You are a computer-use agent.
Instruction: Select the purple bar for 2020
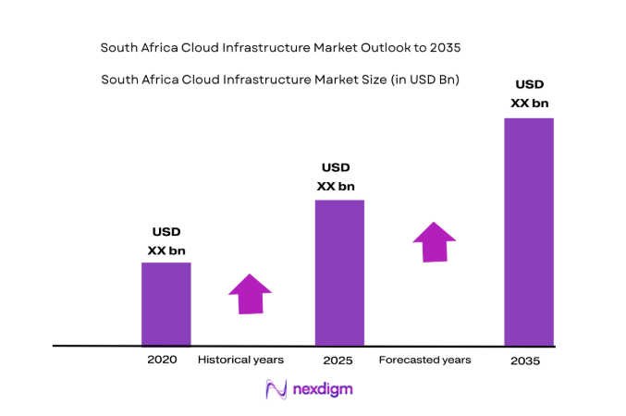click(166, 303)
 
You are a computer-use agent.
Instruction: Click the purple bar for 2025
click(339, 272)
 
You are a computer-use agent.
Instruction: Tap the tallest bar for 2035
click(528, 231)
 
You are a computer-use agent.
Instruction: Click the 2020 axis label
click(162, 359)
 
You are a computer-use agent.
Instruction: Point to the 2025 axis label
click(338, 360)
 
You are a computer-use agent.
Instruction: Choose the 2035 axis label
click(525, 361)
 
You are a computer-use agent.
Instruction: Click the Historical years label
click(240, 359)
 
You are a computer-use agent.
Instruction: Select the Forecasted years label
click(424, 359)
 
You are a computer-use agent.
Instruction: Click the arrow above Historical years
click(250, 294)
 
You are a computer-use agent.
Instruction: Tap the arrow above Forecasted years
click(434, 242)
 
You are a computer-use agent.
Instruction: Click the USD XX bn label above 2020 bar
click(166, 240)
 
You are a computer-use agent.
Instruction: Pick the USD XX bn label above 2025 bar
click(336, 177)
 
